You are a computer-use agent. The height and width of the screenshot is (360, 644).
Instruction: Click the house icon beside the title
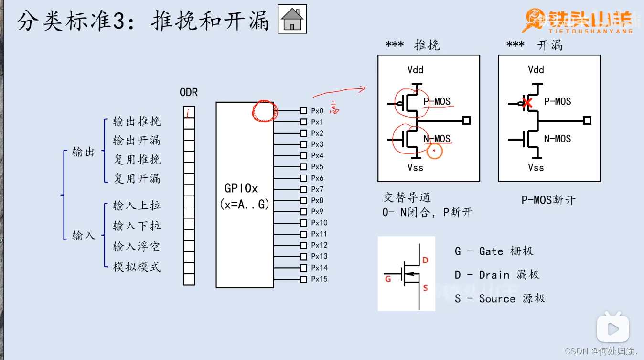[x=292, y=20]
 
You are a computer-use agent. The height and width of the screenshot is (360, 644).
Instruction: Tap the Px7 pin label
[x=317, y=189]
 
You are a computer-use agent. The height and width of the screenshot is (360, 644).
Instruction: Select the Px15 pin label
[x=319, y=279]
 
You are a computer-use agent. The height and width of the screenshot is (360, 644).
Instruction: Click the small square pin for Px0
[x=303, y=110]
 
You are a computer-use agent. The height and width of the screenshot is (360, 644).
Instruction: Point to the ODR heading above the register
[x=189, y=92]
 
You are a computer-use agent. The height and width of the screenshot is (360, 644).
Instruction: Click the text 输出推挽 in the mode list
[x=137, y=121]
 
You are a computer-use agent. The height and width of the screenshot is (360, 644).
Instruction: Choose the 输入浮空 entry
[x=137, y=247]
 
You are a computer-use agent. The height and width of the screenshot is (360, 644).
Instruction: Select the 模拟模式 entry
[x=137, y=267]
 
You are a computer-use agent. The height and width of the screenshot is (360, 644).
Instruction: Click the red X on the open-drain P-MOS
[x=527, y=103]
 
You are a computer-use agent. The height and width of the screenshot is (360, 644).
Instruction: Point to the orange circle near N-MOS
[x=434, y=152]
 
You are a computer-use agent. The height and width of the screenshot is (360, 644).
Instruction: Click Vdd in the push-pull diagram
[x=415, y=70]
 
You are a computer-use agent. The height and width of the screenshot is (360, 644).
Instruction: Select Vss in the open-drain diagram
[x=536, y=167]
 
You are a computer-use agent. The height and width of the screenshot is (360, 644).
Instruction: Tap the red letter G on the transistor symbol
[x=388, y=279]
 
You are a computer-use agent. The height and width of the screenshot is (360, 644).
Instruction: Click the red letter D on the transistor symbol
[x=425, y=261]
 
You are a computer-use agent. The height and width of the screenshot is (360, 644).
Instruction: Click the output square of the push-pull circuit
[x=467, y=120]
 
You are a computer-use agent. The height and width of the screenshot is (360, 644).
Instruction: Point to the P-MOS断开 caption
[x=548, y=200]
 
